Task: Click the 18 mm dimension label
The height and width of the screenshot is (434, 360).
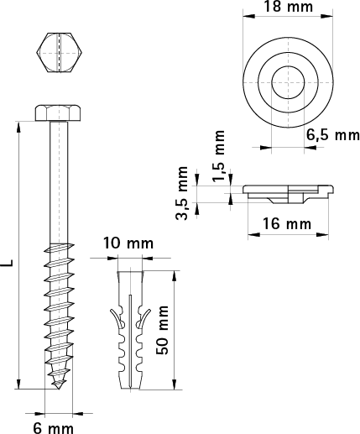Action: coord(288,7)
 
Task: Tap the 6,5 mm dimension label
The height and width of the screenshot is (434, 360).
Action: coord(333,135)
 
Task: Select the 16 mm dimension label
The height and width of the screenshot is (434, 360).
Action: coord(287,224)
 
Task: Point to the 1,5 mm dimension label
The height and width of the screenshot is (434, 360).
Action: coord(219,155)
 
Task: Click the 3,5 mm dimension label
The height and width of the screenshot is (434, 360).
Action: coord(182,193)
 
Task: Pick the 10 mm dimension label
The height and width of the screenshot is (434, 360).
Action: coord(128,243)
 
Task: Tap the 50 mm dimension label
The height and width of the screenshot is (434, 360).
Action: coord(163,330)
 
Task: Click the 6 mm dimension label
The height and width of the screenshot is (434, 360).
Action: coord(54,428)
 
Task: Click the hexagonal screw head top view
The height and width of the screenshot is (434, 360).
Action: coord(59,53)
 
